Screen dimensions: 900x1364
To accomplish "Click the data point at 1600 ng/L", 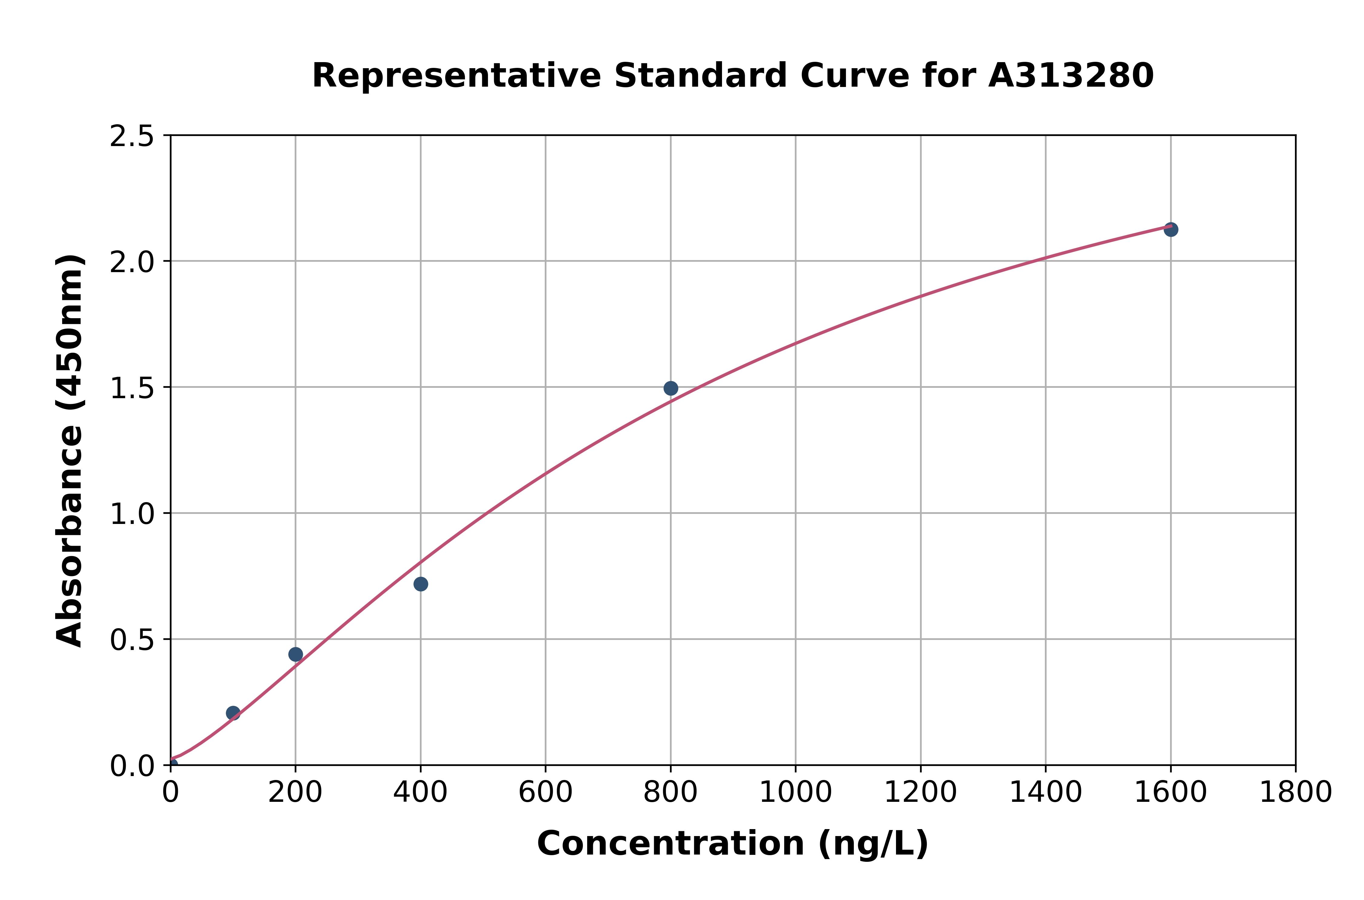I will [1171, 230].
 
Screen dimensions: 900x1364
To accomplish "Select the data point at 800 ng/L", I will [670, 388].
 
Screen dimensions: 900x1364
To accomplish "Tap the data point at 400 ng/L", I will [421, 584].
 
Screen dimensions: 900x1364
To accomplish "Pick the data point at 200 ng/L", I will [296, 654].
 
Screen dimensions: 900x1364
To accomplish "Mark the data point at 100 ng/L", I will [233, 713].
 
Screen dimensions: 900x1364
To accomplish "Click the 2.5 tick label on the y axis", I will [132, 137].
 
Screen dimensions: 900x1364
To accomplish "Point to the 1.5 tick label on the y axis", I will [132, 388].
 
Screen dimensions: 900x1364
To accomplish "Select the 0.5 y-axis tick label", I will [132, 640].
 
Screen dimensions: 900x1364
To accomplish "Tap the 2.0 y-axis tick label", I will [132, 262].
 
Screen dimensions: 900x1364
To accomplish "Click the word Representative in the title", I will [456, 76].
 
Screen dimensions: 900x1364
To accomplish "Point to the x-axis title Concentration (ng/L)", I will [733, 844].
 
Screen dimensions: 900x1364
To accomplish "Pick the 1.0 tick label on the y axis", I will [132, 514].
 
